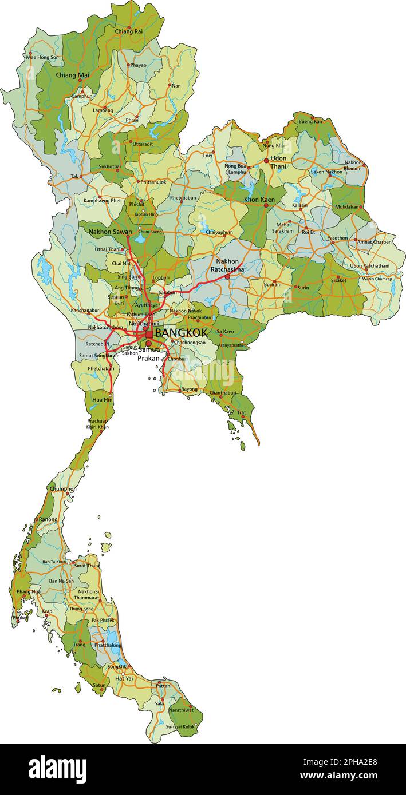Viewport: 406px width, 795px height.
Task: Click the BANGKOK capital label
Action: [x=181, y=333]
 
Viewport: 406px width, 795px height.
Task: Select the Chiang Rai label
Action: [x=129, y=31]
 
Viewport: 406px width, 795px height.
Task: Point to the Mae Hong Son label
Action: [x=42, y=57]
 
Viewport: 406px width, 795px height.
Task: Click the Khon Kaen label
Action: [x=259, y=200]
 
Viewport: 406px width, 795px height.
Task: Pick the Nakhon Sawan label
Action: [x=110, y=232]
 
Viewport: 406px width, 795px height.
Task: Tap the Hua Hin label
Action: [x=103, y=400]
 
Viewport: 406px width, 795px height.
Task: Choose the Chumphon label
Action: [x=63, y=489]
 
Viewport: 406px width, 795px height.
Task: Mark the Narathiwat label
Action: [x=181, y=710]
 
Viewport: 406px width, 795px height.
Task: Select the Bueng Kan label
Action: [x=310, y=121]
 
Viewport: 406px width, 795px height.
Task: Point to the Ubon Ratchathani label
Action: [x=369, y=265]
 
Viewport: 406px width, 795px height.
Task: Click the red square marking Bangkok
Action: [x=149, y=334]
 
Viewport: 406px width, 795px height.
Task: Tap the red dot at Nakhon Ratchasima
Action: [x=227, y=276]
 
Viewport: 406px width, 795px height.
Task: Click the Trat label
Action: [x=242, y=412]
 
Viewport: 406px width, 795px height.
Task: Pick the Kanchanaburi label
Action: [x=85, y=311]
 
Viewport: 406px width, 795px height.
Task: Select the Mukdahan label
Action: [x=348, y=206]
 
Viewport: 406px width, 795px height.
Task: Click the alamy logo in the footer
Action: [x=57, y=769]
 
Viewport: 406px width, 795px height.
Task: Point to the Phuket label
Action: [x=20, y=618]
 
